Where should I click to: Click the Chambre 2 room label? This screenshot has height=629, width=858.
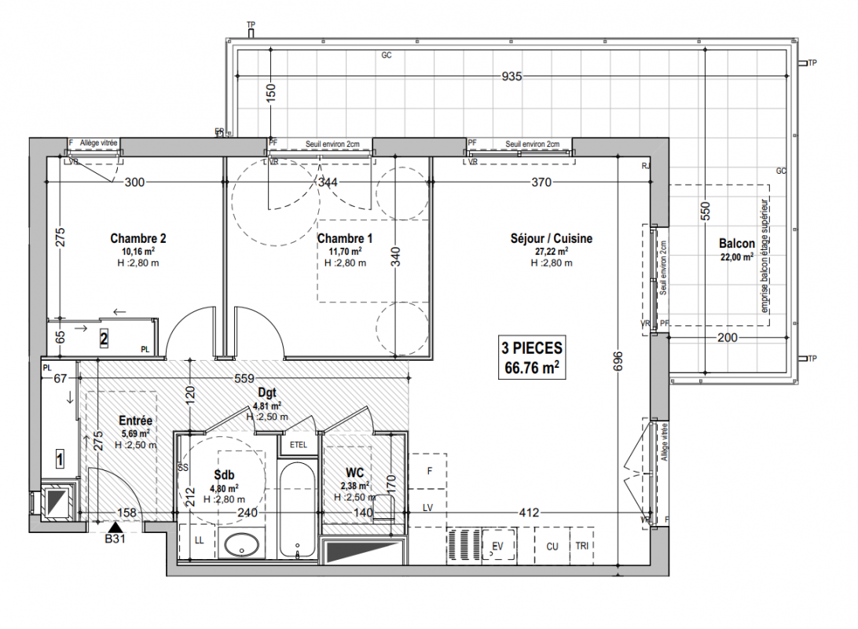pos(138,238)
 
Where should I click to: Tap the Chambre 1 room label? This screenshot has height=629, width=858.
pos(345,238)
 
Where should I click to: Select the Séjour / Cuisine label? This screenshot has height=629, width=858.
pos(552,238)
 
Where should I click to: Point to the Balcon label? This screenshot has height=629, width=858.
pos(736,244)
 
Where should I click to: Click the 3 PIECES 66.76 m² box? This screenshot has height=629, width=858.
pos(532,358)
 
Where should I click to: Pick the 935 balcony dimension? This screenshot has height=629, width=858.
pos(511,76)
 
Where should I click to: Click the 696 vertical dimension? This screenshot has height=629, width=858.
pos(618,362)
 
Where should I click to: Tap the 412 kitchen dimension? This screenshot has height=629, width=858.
pos(529,513)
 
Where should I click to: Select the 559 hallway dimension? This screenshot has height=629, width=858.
pos(244,378)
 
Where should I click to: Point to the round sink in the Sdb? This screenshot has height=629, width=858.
pos(241,545)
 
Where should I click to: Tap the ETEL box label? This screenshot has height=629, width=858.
pos(299,444)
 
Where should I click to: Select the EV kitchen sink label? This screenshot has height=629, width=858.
pos(497,546)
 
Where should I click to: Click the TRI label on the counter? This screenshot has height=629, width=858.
pos(581,546)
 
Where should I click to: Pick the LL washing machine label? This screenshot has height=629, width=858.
pos(200,540)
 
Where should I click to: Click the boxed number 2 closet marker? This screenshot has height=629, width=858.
pos(104,339)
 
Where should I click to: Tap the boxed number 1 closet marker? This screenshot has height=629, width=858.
pos(60,458)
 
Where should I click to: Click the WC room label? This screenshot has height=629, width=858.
pos(354,473)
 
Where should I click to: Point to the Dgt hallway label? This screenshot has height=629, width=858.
pos(267,392)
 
